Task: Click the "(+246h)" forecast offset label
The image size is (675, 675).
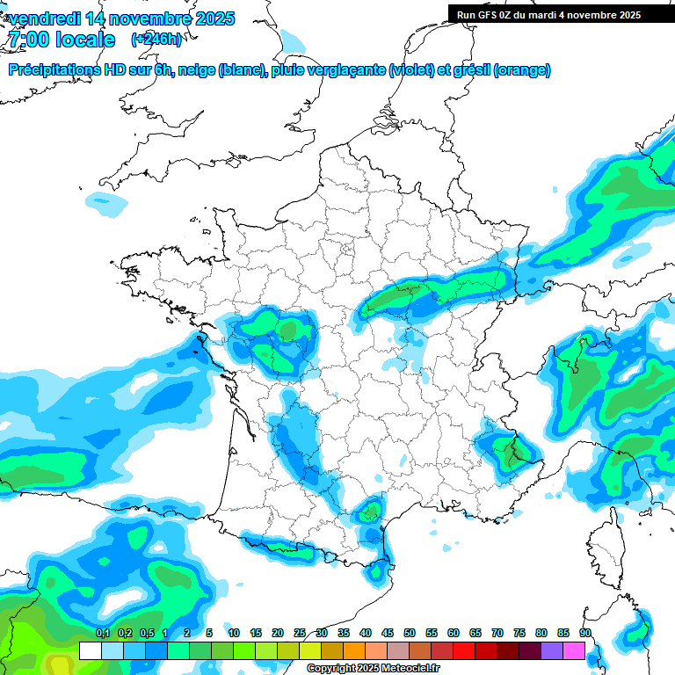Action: [x=156, y=39]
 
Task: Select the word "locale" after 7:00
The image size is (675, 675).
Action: [x=84, y=40]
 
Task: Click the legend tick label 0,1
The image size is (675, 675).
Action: [x=102, y=633]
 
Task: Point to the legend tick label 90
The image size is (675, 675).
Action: [x=585, y=633]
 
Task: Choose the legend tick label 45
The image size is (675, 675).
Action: [x=388, y=633]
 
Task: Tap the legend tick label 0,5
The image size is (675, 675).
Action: [x=146, y=633]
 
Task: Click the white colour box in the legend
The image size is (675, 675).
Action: [x=91, y=650]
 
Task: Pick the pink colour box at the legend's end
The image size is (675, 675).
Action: [x=574, y=650]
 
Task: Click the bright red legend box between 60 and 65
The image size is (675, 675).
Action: [x=464, y=650]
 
